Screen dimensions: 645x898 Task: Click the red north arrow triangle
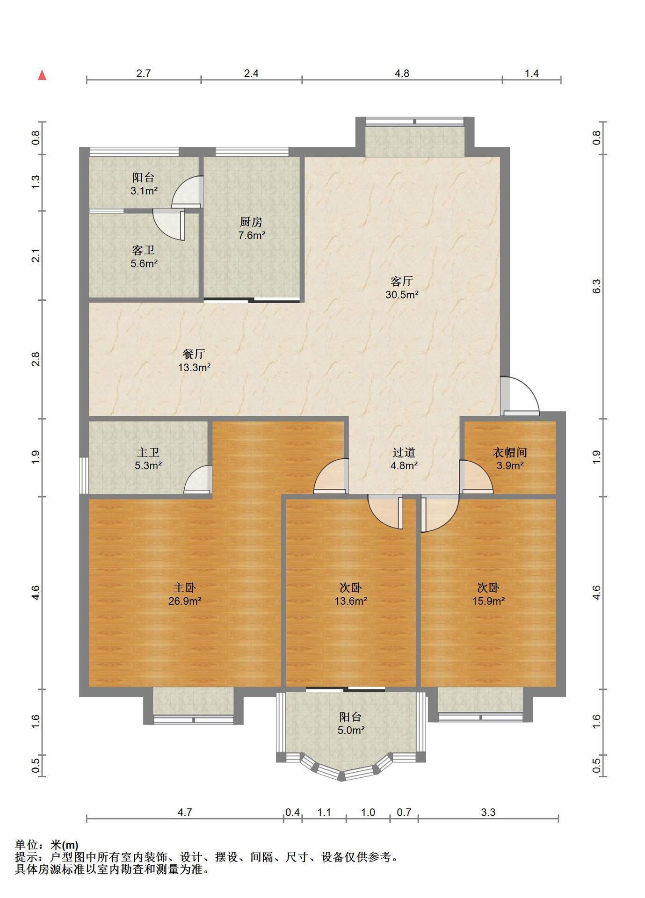[x=42, y=75]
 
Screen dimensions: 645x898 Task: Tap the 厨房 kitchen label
[x=251, y=222]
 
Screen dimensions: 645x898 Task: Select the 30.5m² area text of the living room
[x=402, y=295]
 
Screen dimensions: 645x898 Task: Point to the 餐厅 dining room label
[x=194, y=354]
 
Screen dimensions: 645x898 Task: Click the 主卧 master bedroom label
[x=185, y=587]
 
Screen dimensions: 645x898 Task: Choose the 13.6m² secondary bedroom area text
[x=350, y=601]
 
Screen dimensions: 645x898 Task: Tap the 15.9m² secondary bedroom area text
[x=488, y=601]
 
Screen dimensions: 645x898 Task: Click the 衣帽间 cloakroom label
[x=510, y=452]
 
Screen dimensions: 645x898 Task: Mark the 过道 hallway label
[x=404, y=452]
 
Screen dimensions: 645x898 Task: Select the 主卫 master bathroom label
[x=148, y=452]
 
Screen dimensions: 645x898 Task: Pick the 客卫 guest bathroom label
[x=144, y=250]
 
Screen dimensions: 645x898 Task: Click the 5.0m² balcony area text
[x=351, y=730]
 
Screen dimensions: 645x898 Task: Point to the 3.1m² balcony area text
[x=144, y=191]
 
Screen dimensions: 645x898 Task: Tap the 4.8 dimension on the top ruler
[x=402, y=73]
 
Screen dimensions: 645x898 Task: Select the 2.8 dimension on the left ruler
[x=36, y=359]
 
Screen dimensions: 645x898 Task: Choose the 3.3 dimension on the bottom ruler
[x=488, y=812]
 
